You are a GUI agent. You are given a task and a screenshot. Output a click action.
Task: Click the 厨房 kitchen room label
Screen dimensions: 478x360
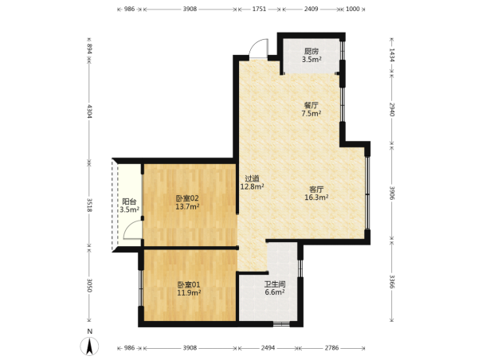pos(311,51)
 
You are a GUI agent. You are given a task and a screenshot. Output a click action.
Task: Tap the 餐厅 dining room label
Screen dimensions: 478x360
pos(311,105)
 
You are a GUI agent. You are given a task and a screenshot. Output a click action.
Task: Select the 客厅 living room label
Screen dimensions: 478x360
pos(316,190)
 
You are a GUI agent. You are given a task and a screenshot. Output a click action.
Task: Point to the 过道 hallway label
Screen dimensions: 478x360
pos(252,178)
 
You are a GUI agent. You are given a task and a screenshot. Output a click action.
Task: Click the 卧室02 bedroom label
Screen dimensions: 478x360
pos(187,198)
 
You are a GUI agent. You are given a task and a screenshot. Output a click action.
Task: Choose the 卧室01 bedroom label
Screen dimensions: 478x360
pos(189,285)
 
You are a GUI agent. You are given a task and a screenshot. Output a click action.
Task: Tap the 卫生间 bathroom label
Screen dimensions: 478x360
pos(275,284)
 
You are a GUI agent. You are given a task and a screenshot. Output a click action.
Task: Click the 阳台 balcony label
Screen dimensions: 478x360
pos(129,202)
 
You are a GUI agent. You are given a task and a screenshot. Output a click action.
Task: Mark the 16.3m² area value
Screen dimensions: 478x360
pos(316,198)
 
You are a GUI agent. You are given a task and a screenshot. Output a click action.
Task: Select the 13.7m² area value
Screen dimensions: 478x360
pos(187,206)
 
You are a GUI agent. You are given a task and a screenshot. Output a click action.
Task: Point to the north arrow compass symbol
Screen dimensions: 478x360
pos(89,346)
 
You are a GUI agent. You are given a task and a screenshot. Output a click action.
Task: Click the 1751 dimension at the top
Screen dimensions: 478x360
pos(259,9)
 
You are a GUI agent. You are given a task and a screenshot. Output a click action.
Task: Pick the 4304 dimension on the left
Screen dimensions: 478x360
pos(89,111)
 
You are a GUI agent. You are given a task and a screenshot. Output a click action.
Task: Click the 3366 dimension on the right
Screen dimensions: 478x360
pos(392,282)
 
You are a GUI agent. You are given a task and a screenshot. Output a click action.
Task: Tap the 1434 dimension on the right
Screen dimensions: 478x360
pos(392,55)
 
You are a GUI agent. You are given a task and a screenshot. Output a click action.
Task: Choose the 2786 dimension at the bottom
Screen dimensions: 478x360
pos(331,348)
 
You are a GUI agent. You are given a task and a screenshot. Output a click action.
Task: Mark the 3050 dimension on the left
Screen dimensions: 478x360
pos(89,285)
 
